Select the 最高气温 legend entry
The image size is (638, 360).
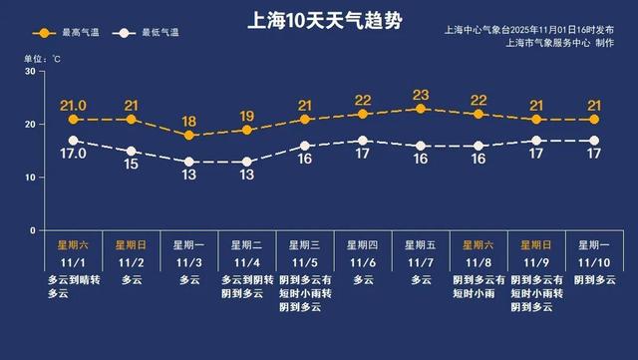tap(77, 33)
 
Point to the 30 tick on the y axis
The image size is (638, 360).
tap(30, 72)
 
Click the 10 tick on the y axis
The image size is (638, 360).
tap(30, 178)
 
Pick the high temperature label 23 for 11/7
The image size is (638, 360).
tap(421, 96)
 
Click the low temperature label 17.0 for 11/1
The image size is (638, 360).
tap(72, 156)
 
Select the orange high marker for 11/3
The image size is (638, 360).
tap(188, 136)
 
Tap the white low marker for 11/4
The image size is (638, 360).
tap(246, 162)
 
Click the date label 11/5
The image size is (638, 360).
tap(304, 262)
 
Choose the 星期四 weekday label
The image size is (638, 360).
tap(362, 243)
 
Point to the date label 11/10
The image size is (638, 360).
tap(594, 262)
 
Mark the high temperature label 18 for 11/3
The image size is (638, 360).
tap(188, 121)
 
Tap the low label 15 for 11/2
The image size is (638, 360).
tap(130, 166)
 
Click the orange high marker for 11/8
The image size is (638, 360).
tap(478, 115)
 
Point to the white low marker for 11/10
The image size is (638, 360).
tap(594, 141)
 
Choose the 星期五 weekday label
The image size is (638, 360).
tap(421, 243)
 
